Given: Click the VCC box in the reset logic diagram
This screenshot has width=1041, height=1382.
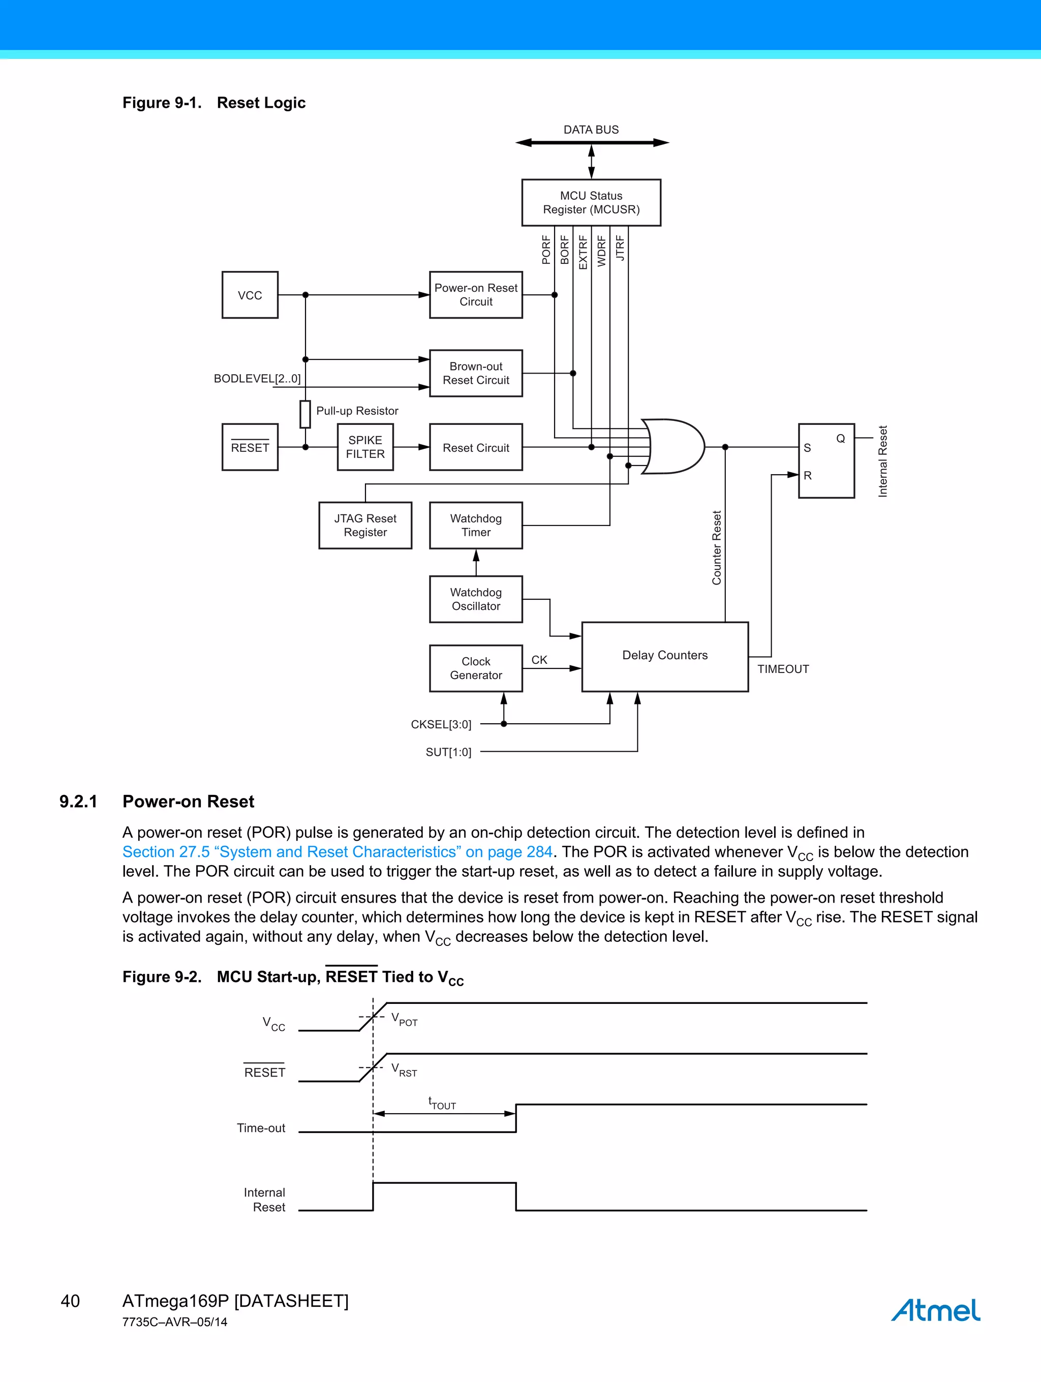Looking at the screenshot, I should (250, 295).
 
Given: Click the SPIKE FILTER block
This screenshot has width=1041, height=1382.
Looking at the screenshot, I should (365, 447).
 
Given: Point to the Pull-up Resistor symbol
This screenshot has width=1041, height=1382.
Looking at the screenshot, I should (305, 414).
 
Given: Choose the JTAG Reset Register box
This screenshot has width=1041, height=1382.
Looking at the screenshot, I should (365, 526).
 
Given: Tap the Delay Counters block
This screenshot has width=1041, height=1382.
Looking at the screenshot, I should (664, 656).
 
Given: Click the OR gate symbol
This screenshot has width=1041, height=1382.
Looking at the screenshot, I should (675, 447).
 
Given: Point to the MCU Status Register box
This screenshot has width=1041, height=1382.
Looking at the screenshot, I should (591, 202).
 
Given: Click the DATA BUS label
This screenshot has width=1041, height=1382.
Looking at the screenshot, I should (591, 129).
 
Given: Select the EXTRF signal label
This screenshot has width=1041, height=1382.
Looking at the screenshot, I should (583, 252).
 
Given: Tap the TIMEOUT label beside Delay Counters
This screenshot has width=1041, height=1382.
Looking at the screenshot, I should (782, 669).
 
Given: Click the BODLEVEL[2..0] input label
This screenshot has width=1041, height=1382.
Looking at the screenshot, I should (257, 379).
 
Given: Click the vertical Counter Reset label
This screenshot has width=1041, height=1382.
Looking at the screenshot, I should (717, 548).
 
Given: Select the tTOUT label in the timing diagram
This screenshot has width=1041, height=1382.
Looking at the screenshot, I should (442, 1103).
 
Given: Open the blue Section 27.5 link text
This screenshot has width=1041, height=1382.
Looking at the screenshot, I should (337, 852).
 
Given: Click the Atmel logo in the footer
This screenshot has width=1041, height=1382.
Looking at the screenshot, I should (935, 1310).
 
